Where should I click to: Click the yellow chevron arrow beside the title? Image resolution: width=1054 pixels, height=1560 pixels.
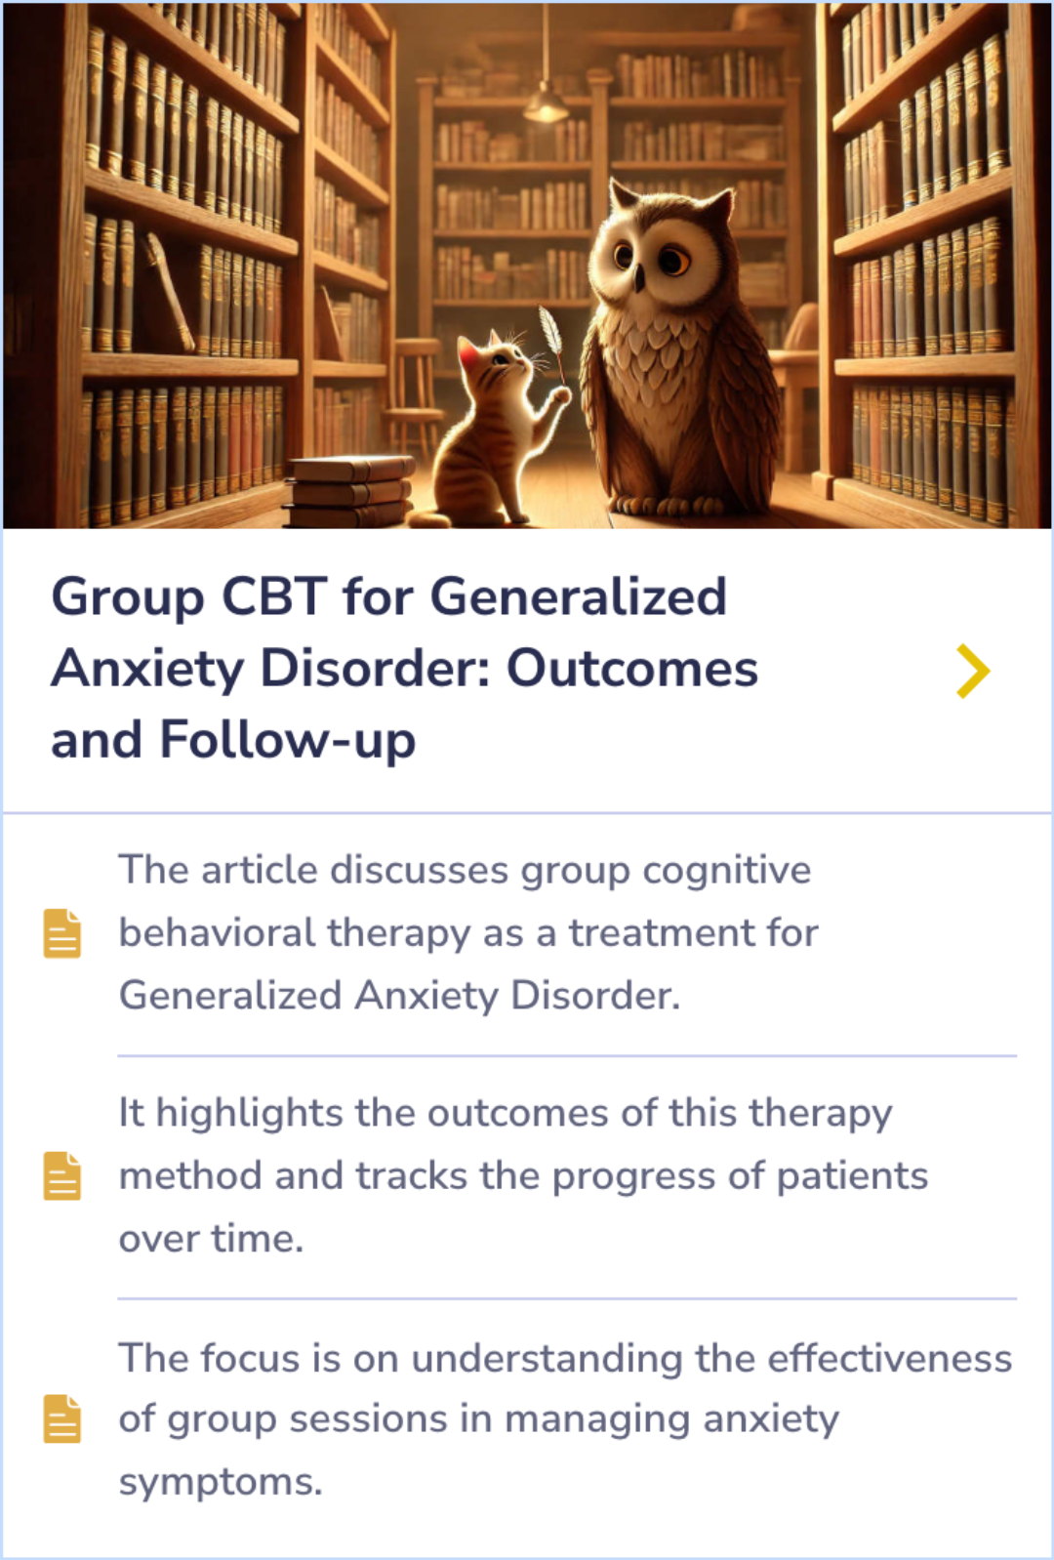click(x=973, y=671)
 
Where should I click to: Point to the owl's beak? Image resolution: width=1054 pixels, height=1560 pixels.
click(x=638, y=279)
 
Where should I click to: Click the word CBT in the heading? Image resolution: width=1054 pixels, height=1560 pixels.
click(x=274, y=596)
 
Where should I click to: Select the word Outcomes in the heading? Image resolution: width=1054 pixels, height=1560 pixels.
click(x=631, y=669)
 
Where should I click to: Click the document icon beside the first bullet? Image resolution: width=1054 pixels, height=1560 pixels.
click(x=62, y=933)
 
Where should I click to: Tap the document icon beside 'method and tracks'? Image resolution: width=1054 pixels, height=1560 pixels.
click(x=62, y=1175)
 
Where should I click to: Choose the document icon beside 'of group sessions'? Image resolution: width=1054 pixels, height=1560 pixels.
click(x=62, y=1418)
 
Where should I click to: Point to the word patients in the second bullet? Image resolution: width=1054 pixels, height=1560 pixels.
click(x=852, y=1176)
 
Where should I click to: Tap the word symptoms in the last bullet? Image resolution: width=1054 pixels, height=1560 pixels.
click(x=220, y=1483)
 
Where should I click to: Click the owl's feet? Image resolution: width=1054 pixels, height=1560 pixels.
click(x=664, y=506)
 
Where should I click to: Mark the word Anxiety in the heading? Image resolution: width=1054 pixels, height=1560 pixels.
click(x=147, y=670)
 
